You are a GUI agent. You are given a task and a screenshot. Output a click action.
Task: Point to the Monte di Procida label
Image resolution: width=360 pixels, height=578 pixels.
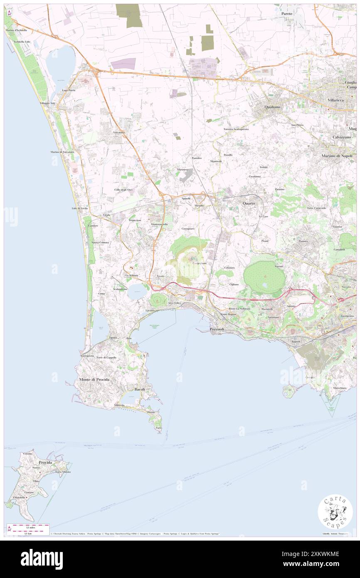[x=94, y=380]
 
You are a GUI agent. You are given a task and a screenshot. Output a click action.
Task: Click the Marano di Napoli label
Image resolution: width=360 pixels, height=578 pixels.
[x=337, y=156]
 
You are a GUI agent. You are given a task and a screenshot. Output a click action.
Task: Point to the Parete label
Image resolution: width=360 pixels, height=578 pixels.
[x=287, y=14]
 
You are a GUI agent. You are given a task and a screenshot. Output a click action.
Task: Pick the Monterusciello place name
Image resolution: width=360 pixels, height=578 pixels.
[x=160, y=225]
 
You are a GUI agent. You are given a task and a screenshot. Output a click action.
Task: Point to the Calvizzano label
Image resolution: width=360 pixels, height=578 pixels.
[x=342, y=137]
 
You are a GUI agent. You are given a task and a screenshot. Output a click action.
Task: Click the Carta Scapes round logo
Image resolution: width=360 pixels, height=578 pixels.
[x=335, y=513]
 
